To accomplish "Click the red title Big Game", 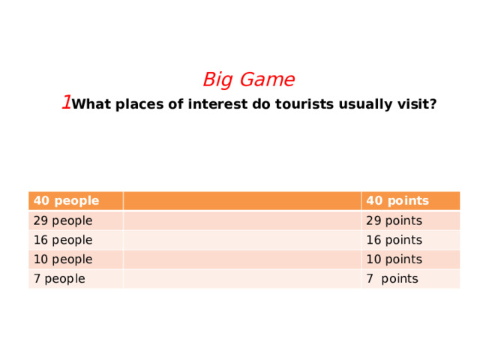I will tap(248, 79).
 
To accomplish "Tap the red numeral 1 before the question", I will tap(67, 102).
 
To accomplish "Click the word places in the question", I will tap(137, 104).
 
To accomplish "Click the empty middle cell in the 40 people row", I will tap(241, 200).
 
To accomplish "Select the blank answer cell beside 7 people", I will tap(241, 279).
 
